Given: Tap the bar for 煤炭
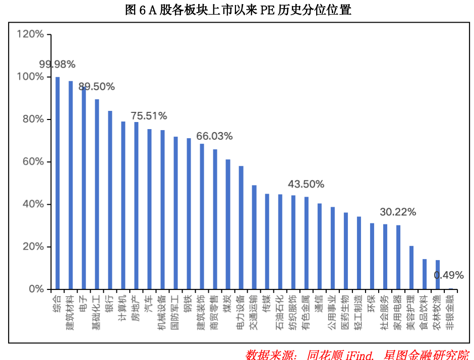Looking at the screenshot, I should [228, 224].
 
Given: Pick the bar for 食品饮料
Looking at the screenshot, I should [425, 274].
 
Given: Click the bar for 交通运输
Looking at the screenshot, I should [254, 237].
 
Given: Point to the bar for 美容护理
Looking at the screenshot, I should [411, 268].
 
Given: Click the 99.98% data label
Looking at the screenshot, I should [57, 65].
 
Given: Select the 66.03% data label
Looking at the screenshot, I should [214, 136].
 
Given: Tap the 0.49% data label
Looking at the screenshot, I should [449, 275].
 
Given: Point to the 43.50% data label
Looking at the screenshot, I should [306, 185].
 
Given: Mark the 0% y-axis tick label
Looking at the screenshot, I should [37, 289].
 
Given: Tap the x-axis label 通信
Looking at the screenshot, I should [319, 303].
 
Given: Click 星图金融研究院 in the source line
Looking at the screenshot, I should [426, 354].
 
